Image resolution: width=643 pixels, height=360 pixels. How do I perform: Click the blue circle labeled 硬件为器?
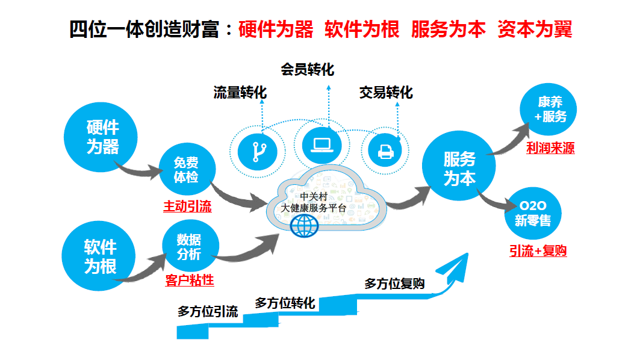[x=102, y=137]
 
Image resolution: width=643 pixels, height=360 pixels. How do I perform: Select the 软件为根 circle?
[x=100, y=255]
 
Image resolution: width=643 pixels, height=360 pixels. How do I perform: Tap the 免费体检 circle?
[x=186, y=170]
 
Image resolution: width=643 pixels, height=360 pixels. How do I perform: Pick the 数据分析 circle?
[x=189, y=247]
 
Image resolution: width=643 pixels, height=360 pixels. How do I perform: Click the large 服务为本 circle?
[x=459, y=168]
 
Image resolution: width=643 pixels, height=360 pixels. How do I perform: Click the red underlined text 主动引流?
[x=187, y=206]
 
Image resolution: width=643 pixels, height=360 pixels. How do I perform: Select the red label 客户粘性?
[x=189, y=280]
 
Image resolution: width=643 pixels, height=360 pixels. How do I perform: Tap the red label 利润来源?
[x=550, y=148]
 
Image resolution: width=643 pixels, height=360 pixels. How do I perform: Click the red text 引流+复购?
[x=537, y=251]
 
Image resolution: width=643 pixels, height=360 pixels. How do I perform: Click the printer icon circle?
[x=385, y=149]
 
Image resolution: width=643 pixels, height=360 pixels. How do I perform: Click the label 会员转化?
[x=306, y=70]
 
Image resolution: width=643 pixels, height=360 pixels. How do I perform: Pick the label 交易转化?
[x=386, y=93]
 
